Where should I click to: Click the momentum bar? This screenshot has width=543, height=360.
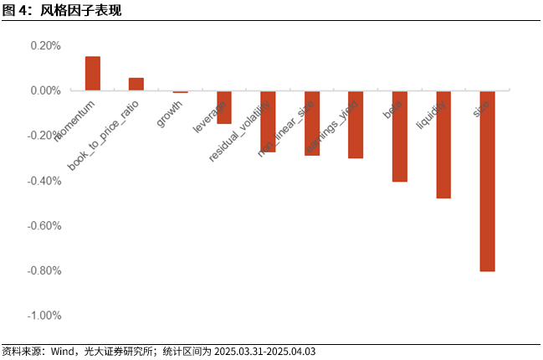[93, 74]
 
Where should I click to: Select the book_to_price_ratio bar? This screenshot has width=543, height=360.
[136, 84]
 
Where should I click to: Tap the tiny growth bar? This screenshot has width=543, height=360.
[180, 91]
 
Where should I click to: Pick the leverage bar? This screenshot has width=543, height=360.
[223, 107]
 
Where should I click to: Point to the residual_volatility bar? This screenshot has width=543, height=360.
[268, 121]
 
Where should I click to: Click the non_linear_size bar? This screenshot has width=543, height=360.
[312, 123]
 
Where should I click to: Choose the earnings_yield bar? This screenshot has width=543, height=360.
[356, 124]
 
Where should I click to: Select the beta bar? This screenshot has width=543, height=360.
[399, 136]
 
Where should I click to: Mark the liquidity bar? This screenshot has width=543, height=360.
[443, 144]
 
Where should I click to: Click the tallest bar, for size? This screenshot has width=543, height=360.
[487, 181]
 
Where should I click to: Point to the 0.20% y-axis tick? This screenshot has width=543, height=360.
[45, 45]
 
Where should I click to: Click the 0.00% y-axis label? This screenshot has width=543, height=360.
[45, 90]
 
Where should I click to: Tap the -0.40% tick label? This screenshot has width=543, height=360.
[44, 181]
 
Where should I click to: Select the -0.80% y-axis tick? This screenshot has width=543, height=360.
[44, 270]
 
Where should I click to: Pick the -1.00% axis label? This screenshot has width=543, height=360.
[44, 316]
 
